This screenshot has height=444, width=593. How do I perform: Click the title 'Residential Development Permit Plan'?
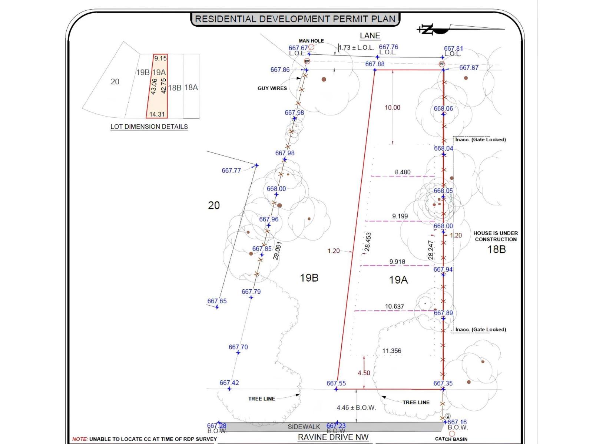pyautogui.click(x=295, y=19)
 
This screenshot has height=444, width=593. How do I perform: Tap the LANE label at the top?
pyautogui.click(x=370, y=36)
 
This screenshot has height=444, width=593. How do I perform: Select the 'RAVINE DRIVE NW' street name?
pyautogui.click(x=333, y=437)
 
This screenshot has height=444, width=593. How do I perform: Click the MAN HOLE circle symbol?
pyautogui.click(x=311, y=47)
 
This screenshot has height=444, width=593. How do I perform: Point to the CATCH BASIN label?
pyautogui.click(x=451, y=439)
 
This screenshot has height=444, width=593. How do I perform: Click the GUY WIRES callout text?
pyautogui.click(x=272, y=88)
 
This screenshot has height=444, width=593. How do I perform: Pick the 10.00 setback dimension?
pyautogui.click(x=392, y=108)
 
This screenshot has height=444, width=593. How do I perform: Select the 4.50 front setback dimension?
pyautogui.click(x=364, y=373)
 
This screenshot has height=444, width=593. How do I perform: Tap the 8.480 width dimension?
pyautogui.click(x=402, y=172)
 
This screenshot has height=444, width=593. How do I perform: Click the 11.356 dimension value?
pyautogui.click(x=392, y=351)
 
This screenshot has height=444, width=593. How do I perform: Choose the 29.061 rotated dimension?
pyautogui.click(x=278, y=251)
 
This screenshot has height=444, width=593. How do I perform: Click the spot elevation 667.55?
pyautogui.click(x=336, y=383)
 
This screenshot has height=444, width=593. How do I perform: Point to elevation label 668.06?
pyautogui.click(x=443, y=108)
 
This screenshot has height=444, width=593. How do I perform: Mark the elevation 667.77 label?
pyautogui.click(x=231, y=170)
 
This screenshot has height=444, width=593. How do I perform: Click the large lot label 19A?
pyautogui.click(x=398, y=280)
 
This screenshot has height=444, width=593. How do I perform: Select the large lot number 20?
pyautogui.click(x=214, y=205)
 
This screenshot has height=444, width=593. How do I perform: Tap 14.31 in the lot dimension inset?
pyautogui.click(x=157, y=114)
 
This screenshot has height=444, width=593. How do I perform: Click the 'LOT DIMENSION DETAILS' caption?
pyautogui.click(x=149, y=127)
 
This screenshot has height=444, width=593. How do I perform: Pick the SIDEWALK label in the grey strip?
pyautogui.click(x=304, y=427)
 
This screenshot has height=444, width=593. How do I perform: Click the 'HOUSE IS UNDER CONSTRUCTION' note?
pyautogui.click(x=496, y=236)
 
